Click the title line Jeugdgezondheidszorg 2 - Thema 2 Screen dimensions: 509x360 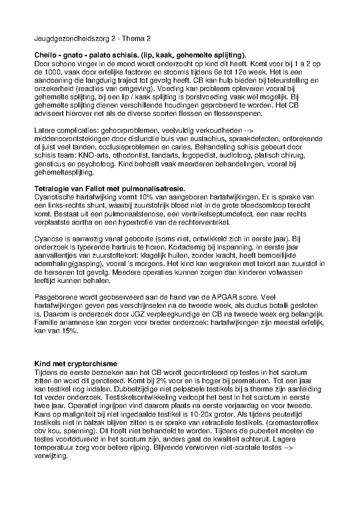[92, 39]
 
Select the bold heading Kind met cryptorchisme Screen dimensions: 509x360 [76, 364]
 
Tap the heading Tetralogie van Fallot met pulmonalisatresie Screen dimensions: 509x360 [110, 189]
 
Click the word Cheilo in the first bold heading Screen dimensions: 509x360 [44, 55]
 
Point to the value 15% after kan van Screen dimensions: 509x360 [69, 331]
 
